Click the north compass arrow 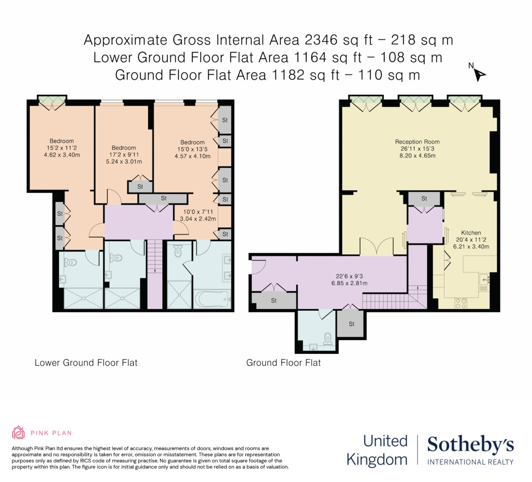click(x=479, y=75)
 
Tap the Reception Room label click(x=417, y=142)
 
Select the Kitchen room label click(x=471, y=233)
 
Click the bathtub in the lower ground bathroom click(x=212, y=299)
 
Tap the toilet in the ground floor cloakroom click(x=327, y=339)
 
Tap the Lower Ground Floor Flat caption click(x=86, y=363)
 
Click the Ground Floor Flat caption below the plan click(x=283, y=363)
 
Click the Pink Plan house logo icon click(x=18, y=433)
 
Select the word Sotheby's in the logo click(x=470, y=445)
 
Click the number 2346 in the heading click(x=321, y=40)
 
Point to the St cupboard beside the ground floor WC click(x=351, y=324)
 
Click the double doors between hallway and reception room click(x=377, y=247)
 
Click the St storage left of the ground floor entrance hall click(x=274, y=301)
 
